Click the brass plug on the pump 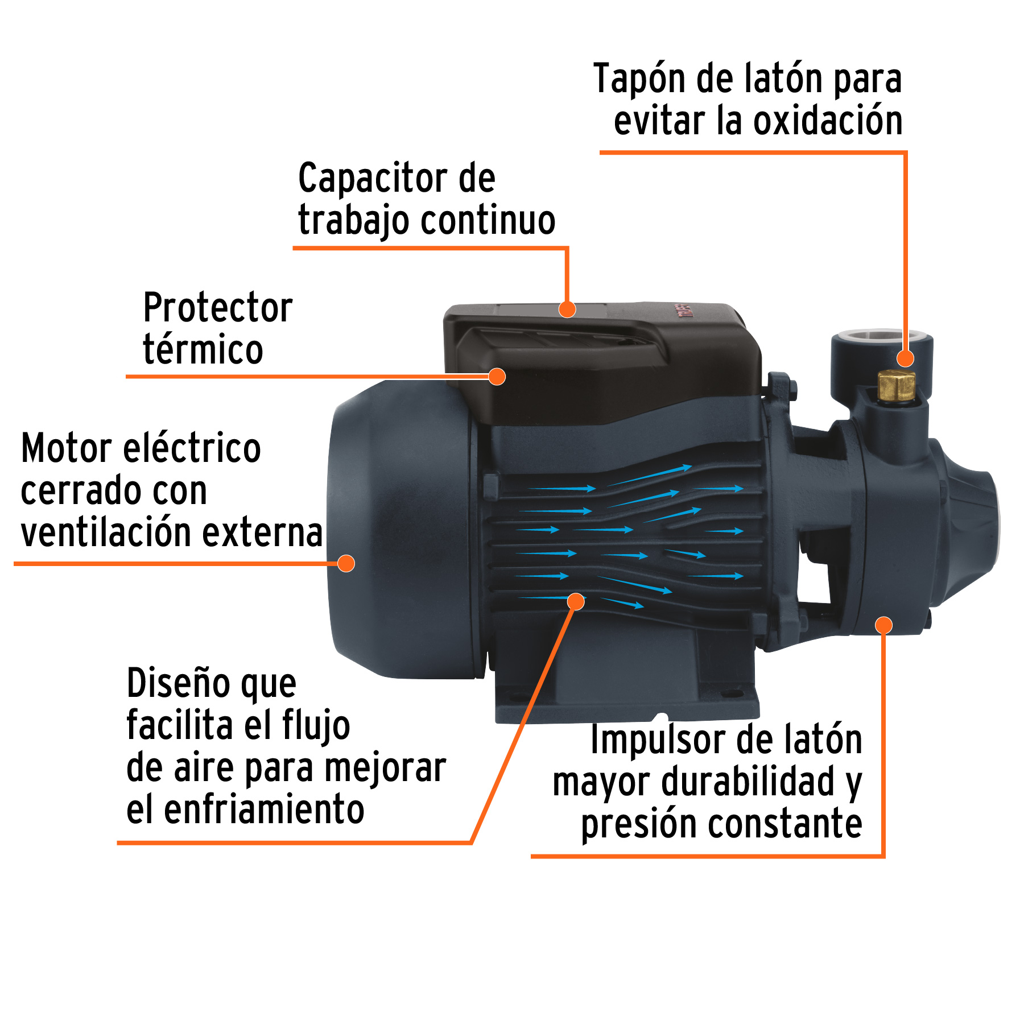pos(895,385)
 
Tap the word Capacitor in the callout pos(373,179)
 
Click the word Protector pos(217,308)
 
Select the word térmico pos(203,349)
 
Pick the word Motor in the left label pos(67,448)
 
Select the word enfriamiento pos(264,810)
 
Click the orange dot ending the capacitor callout pos(567,309)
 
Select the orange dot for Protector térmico pos(497,376)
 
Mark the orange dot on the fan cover pos(346,563)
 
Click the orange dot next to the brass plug pos(905,358)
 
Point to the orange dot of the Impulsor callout pos(883,625)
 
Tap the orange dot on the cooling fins pos(576,601)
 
